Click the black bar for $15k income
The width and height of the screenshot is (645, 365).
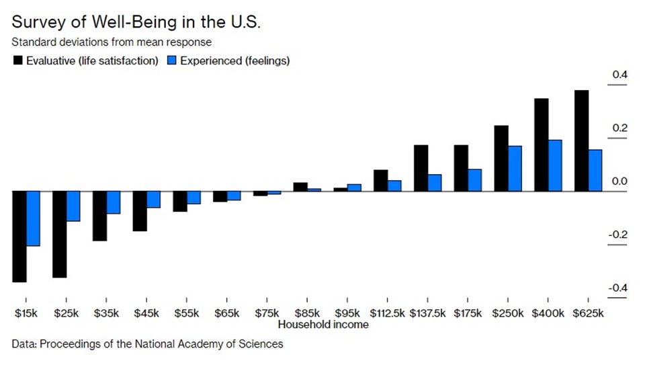19,237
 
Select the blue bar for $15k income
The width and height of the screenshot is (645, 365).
33,218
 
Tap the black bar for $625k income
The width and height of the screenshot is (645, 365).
582,140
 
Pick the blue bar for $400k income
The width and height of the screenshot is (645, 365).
555,165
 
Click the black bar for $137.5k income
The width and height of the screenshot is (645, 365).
421,168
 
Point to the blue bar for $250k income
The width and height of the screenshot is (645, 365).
515,169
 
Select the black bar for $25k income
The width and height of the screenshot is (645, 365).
59,235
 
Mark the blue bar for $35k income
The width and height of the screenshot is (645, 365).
113,202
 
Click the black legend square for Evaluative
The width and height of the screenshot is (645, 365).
17,61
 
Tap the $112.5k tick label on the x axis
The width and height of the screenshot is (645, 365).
388,313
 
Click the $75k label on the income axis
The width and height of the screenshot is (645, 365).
267,313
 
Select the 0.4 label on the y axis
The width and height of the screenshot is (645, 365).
618,75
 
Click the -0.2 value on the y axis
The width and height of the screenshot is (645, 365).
617,235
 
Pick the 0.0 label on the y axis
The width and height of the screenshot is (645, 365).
618,181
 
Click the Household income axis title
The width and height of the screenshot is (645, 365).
322,325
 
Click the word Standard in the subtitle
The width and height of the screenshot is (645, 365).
32,42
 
